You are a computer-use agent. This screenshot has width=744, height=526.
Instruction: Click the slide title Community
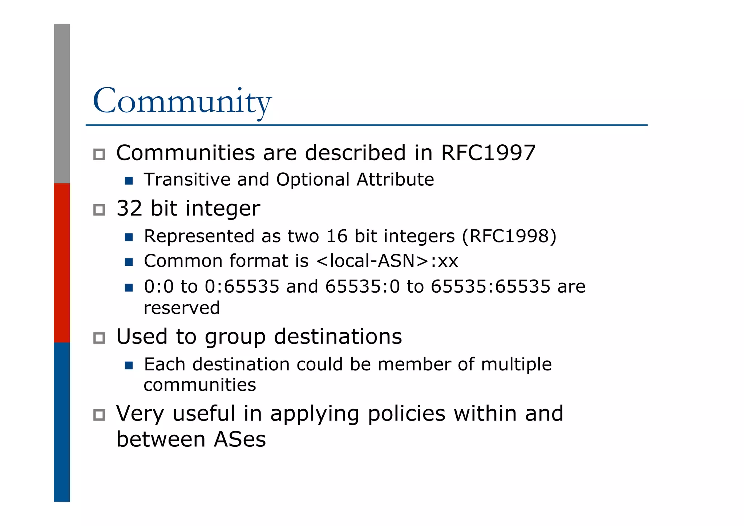click(182, 101)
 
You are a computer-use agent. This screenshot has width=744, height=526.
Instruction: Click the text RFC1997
click(488, 153)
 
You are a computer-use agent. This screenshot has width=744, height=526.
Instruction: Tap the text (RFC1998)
click(509, 236)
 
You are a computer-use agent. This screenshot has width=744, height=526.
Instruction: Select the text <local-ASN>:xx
click(387, 261)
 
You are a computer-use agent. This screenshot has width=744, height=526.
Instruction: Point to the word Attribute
click(395, 180)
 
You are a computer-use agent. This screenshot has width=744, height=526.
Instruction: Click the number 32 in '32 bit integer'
click(129, 209)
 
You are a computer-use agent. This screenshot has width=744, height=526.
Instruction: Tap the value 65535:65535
click(490, 286)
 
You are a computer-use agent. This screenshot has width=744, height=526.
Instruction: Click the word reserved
click(182, 308)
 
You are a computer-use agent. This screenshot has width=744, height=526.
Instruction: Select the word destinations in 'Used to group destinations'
click(338, 337)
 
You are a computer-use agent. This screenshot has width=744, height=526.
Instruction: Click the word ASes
click(240, 439)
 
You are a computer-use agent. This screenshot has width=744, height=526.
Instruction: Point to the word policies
click(407, 414)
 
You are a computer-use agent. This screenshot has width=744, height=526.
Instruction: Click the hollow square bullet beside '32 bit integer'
click(99, 210)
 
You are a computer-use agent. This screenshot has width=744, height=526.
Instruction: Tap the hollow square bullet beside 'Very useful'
click(99, 415)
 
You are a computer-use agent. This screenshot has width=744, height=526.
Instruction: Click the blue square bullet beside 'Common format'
click(129, 262)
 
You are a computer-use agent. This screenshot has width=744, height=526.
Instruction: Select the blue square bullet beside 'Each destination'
click(129, 365)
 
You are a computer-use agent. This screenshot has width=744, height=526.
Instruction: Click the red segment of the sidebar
click(62, 262)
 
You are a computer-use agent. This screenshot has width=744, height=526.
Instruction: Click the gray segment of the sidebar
click(62, 104)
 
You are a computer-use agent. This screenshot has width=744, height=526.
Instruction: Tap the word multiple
click(516, 365)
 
